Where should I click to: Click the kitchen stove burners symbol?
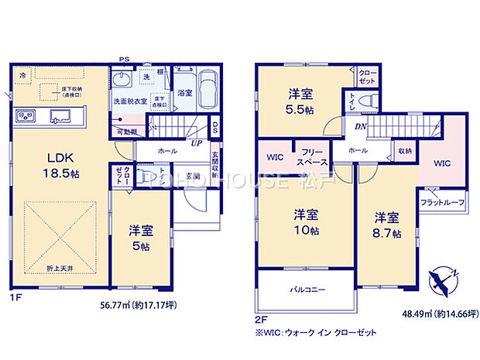[24, 117]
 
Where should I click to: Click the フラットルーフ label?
[442, 203]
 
